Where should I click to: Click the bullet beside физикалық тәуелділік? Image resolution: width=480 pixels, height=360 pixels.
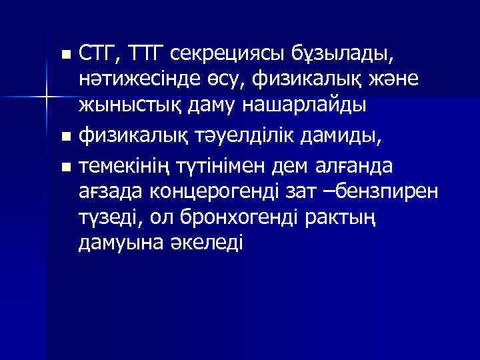coord(65,139)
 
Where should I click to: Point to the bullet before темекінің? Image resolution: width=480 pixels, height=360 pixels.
coord(65,165)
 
